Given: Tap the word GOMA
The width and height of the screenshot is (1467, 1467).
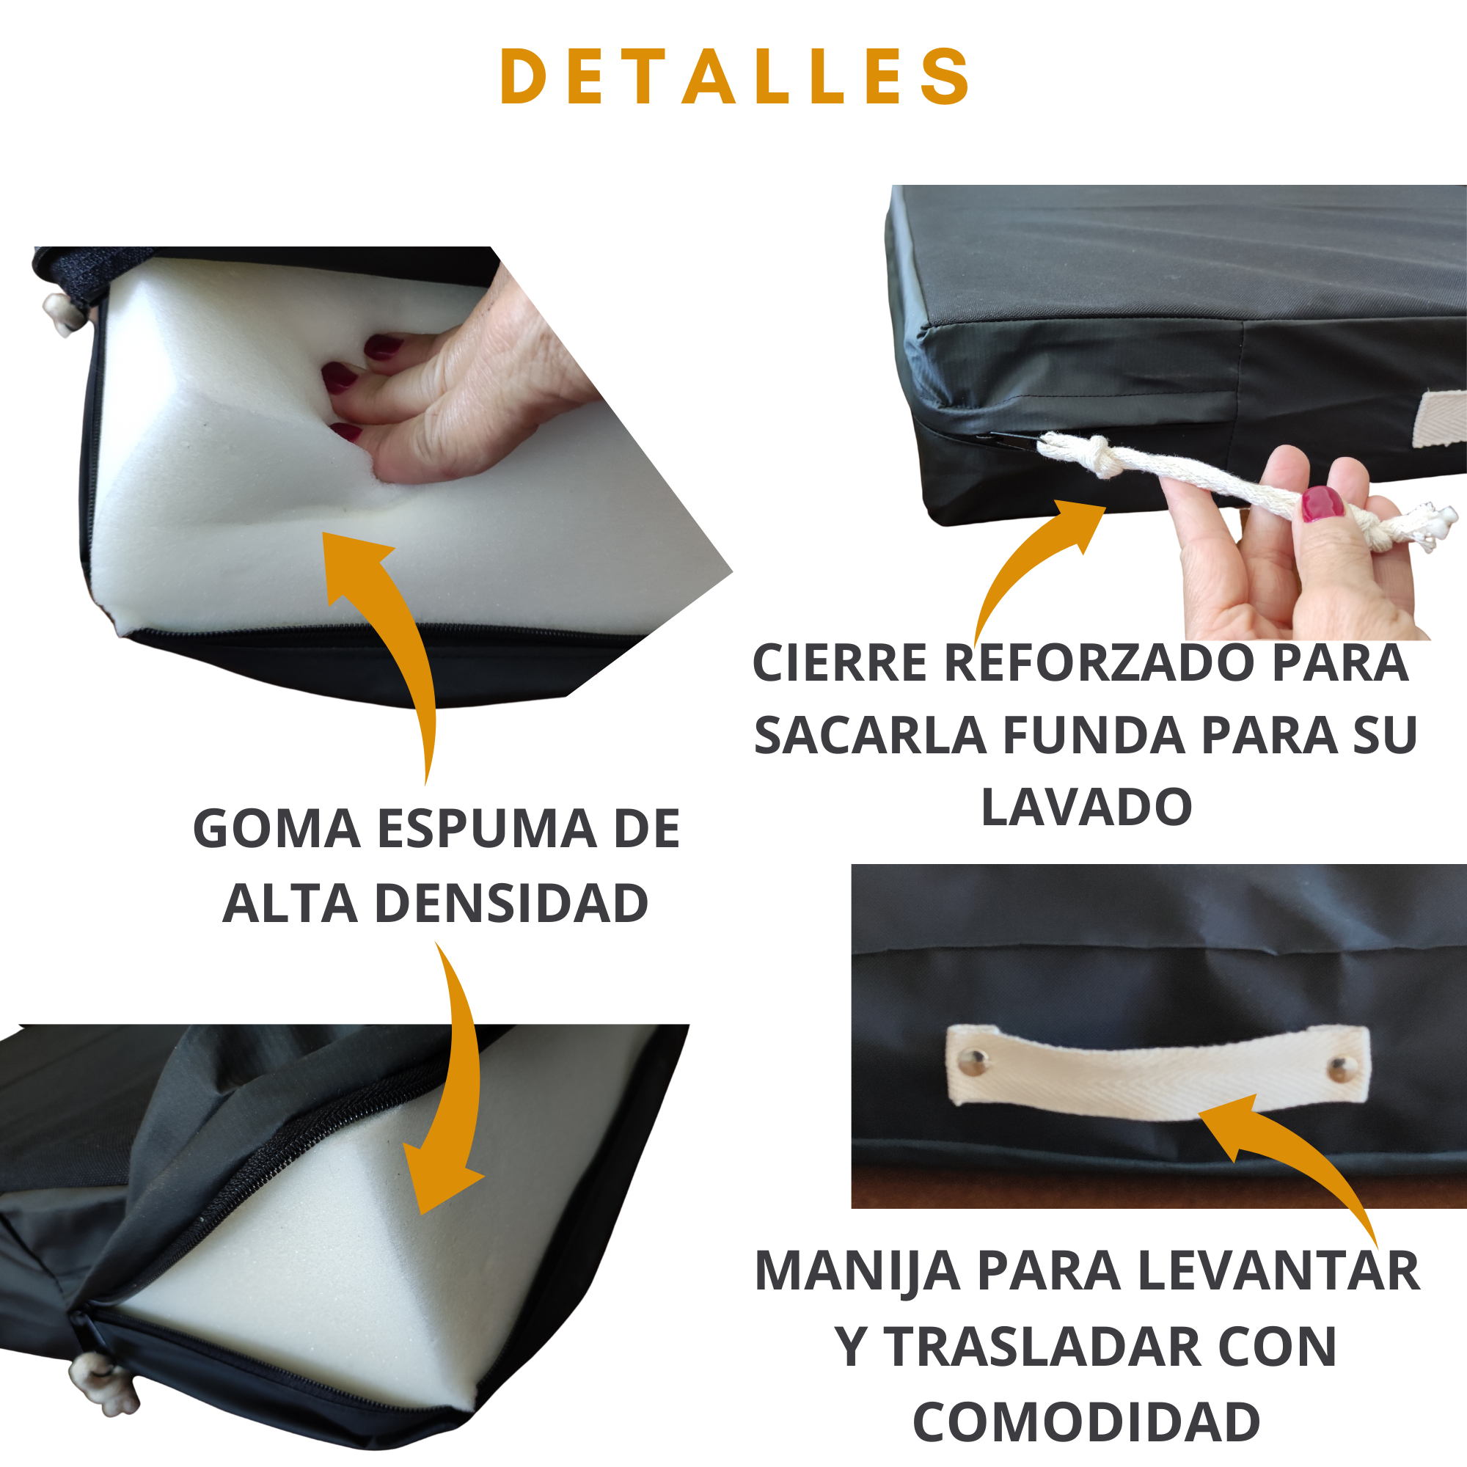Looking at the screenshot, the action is [x=277, y=828].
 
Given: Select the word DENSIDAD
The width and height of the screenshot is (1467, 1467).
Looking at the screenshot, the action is [x=511, y=904].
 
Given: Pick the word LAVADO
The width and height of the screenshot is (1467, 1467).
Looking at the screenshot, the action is [x=1086, y=807].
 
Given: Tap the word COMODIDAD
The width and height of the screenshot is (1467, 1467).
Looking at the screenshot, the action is [x=1086, y=1422].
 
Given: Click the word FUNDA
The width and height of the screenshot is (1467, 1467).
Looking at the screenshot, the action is [x=1094, y=735].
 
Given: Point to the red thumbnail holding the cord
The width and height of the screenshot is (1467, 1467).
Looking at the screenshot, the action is [x=1322, y=503].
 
